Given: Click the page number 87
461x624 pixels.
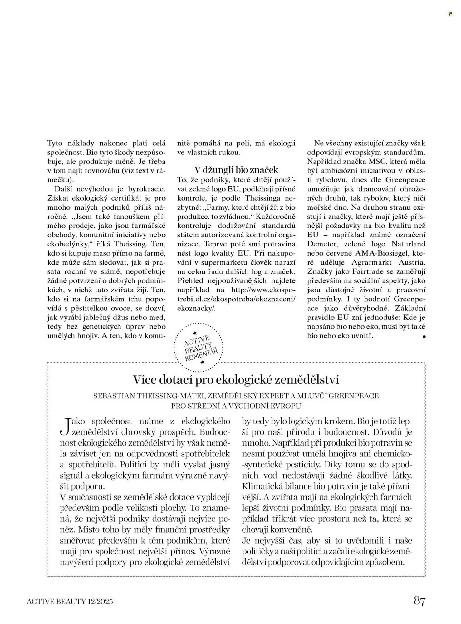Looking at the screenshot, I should [419, 600].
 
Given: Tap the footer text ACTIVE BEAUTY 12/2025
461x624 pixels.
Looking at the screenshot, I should [70, 601].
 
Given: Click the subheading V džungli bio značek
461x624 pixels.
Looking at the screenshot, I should [236, 170].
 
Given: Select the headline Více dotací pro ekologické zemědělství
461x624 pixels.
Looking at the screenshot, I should [236, 380].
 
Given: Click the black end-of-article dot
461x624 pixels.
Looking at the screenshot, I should [424, 336].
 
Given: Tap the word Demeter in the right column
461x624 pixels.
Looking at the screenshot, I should [321, 244].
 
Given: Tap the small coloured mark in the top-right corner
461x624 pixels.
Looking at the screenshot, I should [450, 14].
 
